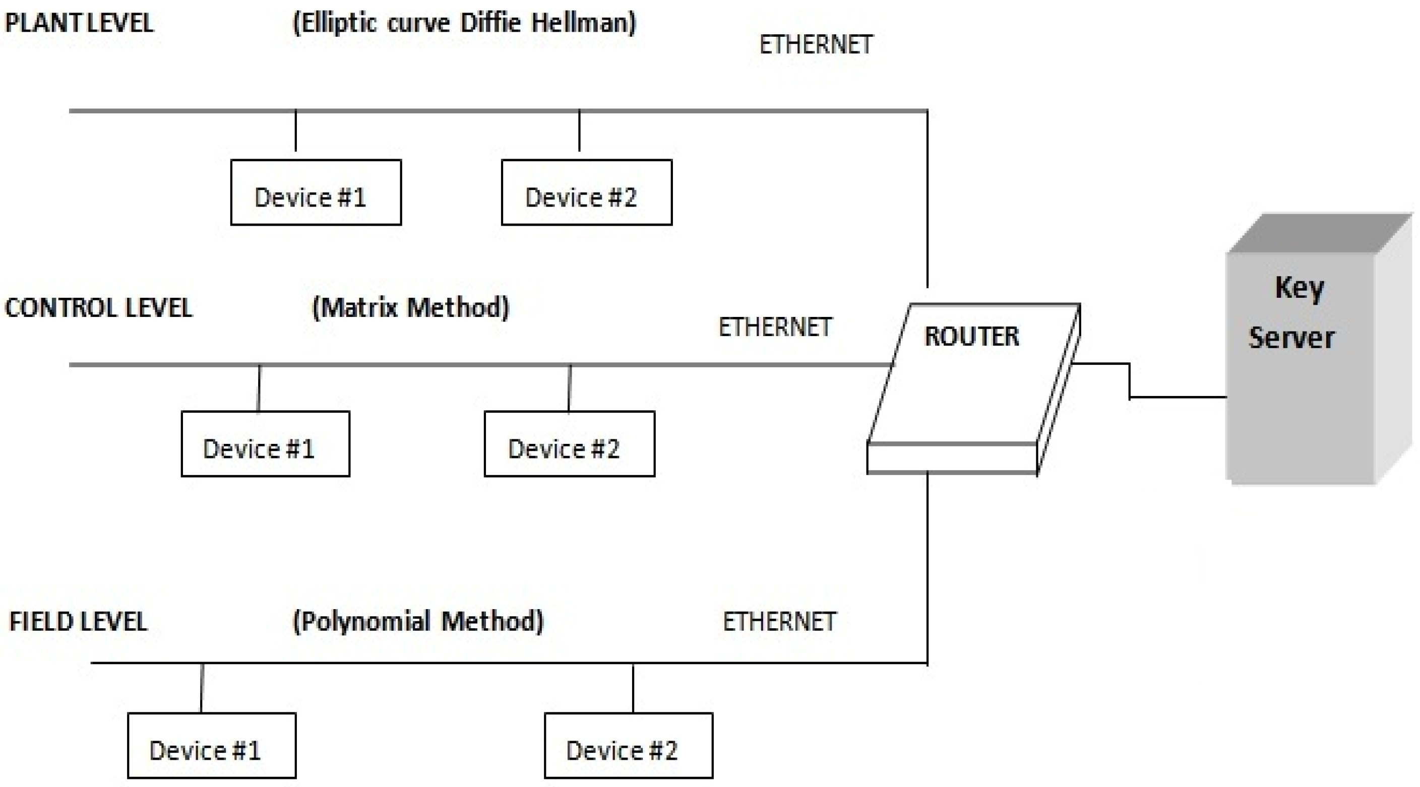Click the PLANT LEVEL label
tap(79, 23)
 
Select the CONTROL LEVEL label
tap(98, 307)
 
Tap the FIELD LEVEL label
tap(78, 622)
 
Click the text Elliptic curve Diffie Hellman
tap(464, 23)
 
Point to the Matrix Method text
tap(411, 307)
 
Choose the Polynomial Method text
tap(418, 621)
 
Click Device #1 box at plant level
tap(316, 192)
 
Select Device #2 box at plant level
tap(587, 192)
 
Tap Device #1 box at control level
tap(265, 444)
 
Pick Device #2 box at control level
tap(570, 444)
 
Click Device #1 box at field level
tap(212, 745)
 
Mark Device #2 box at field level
tap(629, 745)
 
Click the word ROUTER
tap(971, 336)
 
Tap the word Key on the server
tap(1299, 288)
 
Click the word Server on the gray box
tap(1291, 337)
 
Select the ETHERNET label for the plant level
tap(816, 45)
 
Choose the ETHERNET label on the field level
tap(779, 622)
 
